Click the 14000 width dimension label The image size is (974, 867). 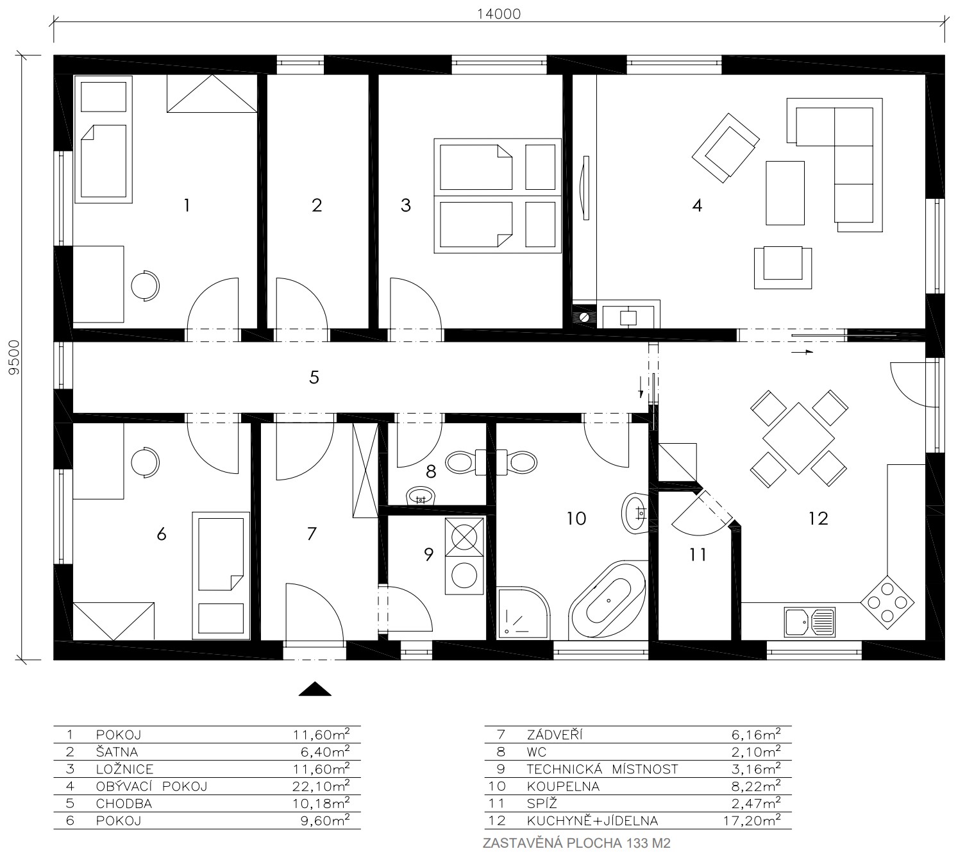[498, 14]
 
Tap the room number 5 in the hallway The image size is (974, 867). [314, 378]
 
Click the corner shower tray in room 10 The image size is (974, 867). [522, 613]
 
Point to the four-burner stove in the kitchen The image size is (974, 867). [887, 603]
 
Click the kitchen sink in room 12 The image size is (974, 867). [810, 622]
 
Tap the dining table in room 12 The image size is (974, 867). [798, 438]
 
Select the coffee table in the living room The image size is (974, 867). [785, 193]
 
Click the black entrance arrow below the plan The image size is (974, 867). [315, 689]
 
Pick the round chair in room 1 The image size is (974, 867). [145, 286]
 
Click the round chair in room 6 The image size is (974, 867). [145, 462]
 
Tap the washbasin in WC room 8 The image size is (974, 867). [421, 496]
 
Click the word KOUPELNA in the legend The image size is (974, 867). [563, 787]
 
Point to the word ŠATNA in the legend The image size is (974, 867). [117, 751]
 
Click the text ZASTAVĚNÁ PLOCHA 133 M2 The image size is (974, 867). [576, 843]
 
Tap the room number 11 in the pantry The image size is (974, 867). [698, 555]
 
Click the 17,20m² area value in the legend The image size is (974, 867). [752, 820]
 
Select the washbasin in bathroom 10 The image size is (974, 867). [635, 513]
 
